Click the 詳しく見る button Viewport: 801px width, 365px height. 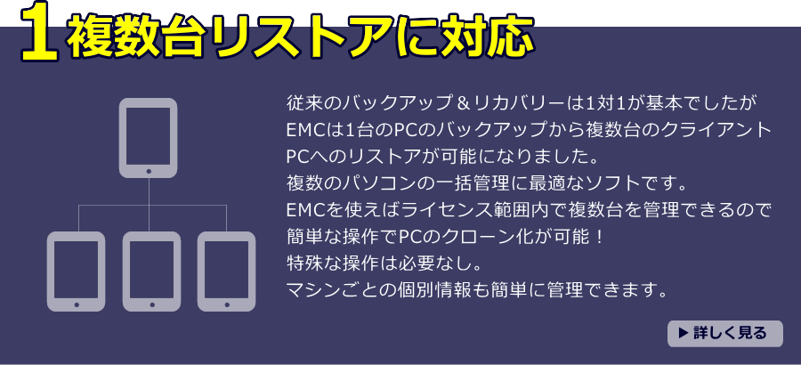click(x=724, y=333)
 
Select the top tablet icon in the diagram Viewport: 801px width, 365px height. click(x=148, y=137)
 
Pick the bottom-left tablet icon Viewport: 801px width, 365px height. click(x=76, y=272)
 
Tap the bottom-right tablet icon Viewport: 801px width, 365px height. click(x=226, y=272)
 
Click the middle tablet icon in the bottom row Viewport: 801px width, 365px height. click(x=151, y=272)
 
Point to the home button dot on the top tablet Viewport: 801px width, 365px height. click(x=149, y=171)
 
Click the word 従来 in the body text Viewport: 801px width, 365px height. click(x=303, y=103)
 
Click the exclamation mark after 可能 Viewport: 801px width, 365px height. click(x=600, y=237)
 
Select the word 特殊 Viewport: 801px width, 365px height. click(x=303, y=264)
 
